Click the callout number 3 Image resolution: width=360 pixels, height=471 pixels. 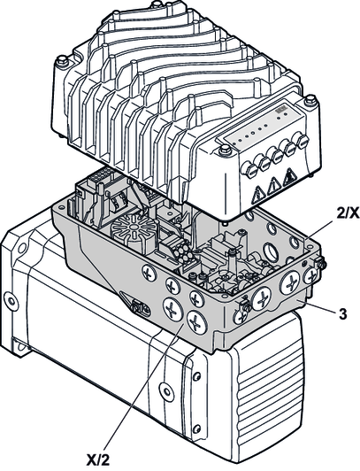pyautogui.click(x=342, y=314)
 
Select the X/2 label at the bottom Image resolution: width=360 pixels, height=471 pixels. pyautogui.click(x=98, y=459)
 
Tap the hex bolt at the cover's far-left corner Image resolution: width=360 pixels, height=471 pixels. pyautogui.click(x=63, y=61)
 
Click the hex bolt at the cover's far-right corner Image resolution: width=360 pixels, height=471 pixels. pyautogui.click(x=310, y=101)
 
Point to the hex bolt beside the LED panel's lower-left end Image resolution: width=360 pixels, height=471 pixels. pyautogui.click(x=225, y=150)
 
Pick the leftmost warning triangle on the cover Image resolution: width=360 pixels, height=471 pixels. pyautogui.click(x=258, y=196)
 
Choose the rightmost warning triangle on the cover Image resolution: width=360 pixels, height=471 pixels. pyautogui.click(x=289, y=177)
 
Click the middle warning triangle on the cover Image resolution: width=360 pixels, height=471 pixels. pyautogui.click(x=273, y=186)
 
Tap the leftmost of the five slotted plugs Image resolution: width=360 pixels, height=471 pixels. pyautogui.click(x=251, y=170)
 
